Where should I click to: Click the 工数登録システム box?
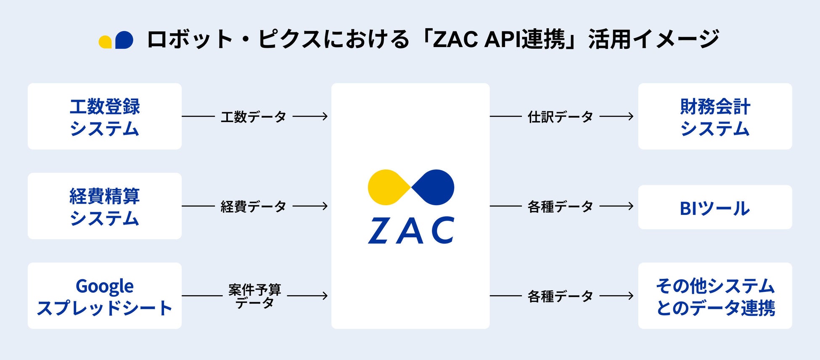click(105, 116)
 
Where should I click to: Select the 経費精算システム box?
click(105, 206)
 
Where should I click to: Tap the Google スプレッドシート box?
click(105, 296)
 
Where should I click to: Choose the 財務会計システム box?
click(715, 116)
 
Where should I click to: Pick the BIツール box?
click(715, 207)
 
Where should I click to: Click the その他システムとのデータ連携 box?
click(715, 296)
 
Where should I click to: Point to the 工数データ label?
click(254, 116)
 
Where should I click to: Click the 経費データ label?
click(254, 206)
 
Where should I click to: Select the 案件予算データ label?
click(255, 296)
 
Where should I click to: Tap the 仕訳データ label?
click(561, 116)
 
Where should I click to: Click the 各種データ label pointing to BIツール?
click(561, 206)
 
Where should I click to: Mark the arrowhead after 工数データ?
click(325, 116)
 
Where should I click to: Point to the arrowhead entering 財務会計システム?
click(630, 116)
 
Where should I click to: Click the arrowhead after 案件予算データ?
click(325, 296)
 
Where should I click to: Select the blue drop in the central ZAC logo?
click(434, 188)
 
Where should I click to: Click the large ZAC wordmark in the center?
click(411, 230)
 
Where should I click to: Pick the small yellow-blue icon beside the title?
click(116, 40)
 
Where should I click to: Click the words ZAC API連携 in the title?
click(499, 40)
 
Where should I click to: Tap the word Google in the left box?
click(105, 286)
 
